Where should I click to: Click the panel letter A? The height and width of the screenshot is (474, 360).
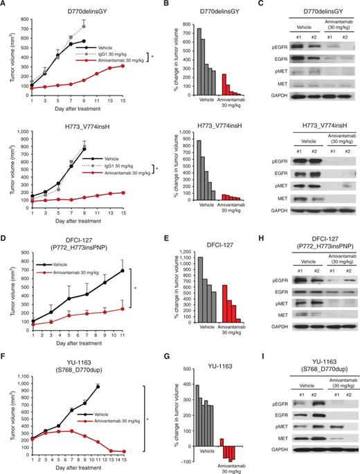(5, 5)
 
